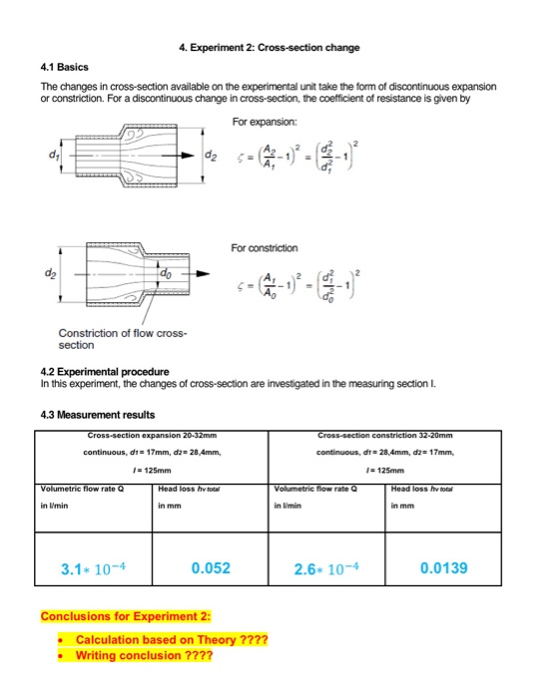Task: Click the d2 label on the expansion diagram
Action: point(211,157)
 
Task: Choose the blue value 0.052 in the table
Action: point(211,568)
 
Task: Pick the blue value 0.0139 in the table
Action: point(445,568)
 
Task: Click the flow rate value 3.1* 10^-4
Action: point(93,569)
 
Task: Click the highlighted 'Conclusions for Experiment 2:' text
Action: point(118,615)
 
